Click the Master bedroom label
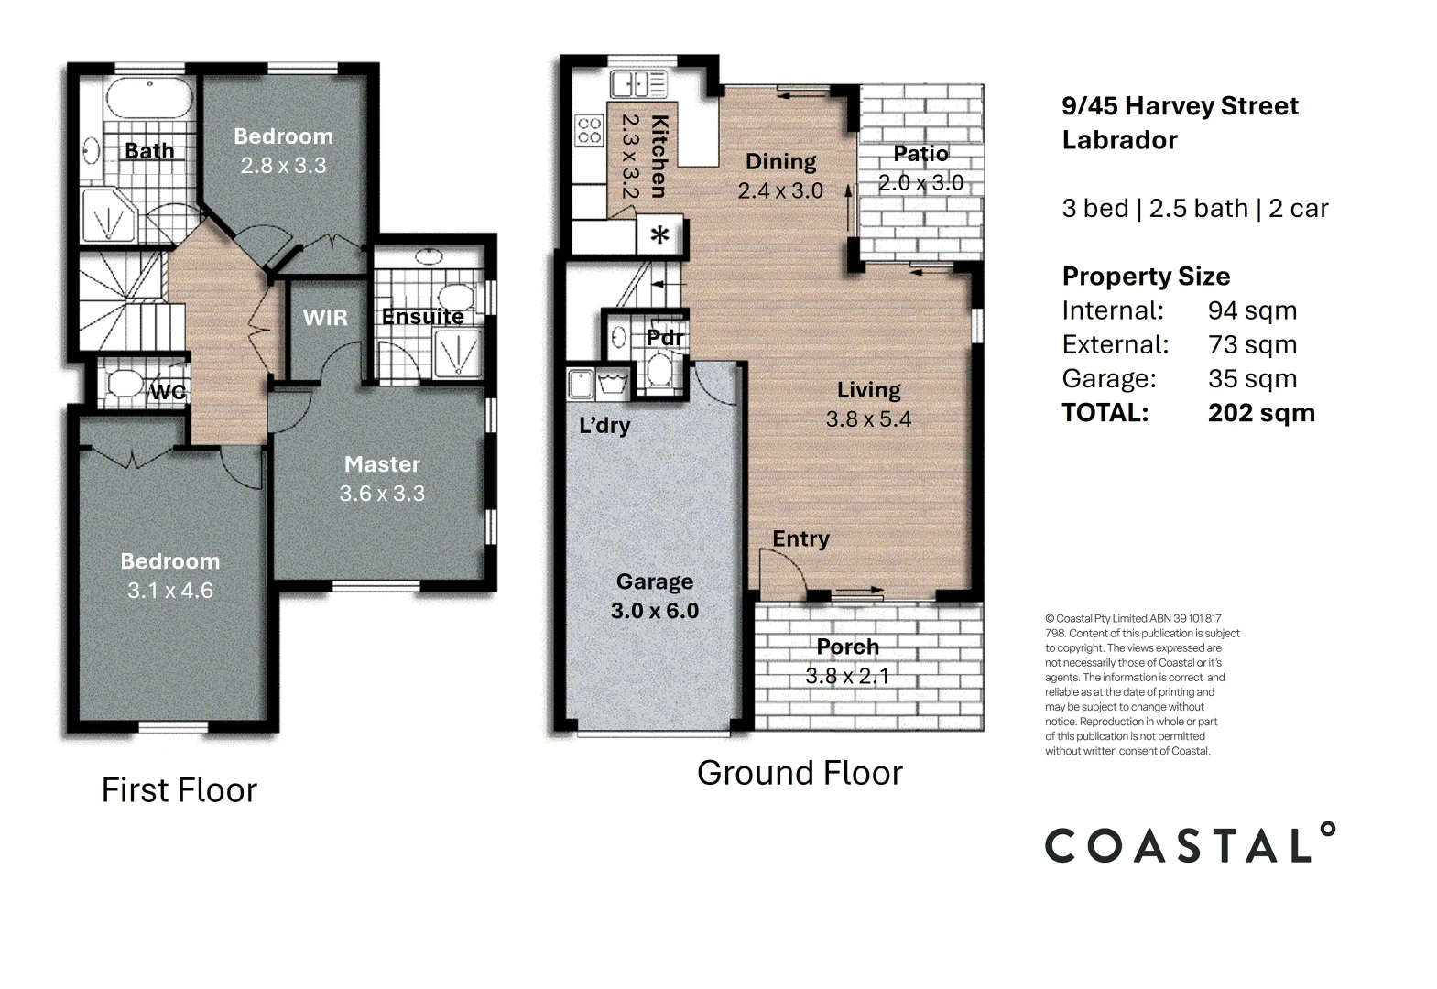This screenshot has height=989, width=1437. coord(382,464)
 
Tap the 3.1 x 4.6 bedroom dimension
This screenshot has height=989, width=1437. coord(170,591)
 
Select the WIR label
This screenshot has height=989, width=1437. coord(325,318)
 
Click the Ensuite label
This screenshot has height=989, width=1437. coord(423,317)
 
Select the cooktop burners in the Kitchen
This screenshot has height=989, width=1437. coord(589,130)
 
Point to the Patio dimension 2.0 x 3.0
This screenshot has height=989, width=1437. coord(920,183)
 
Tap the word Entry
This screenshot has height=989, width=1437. coord(800,538)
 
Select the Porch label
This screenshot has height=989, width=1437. coord(847,647)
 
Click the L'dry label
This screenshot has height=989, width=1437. coord(604,426)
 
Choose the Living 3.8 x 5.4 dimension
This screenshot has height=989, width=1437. coord(868,419)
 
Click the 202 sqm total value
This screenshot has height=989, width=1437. coord(1261,413)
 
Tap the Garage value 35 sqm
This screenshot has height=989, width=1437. coord(1252,378)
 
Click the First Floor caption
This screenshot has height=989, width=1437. coord(180,790)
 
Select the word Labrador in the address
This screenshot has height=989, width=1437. coord(1119,140)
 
